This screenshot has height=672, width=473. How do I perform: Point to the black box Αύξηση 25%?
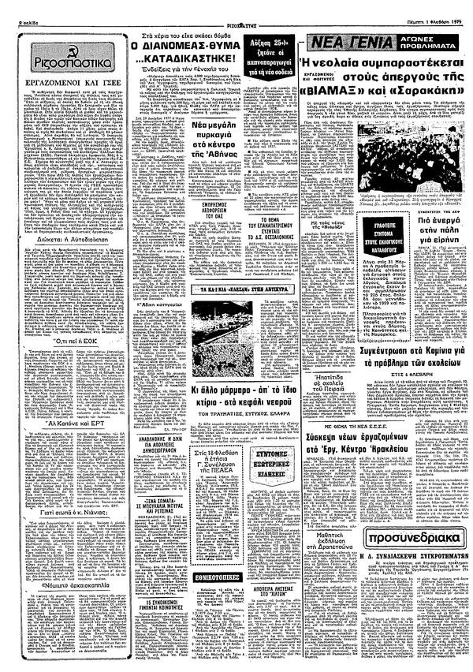274,43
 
